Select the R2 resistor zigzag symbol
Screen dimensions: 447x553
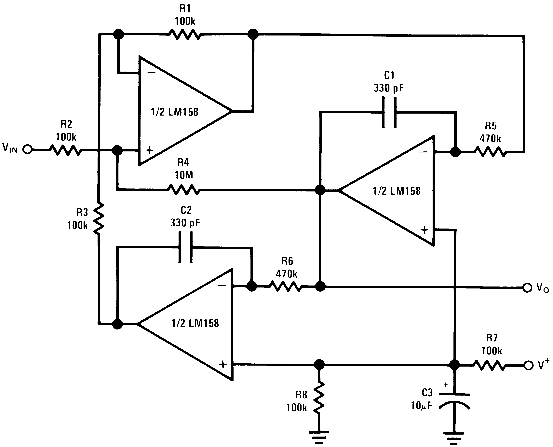[x=65, y=150]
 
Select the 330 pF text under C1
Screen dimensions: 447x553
[x=389, y=88]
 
